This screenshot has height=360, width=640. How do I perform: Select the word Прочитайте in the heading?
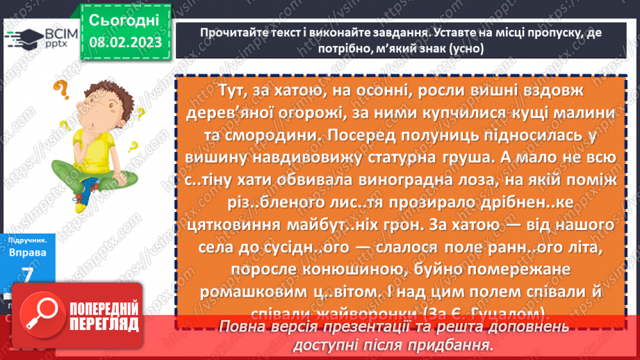[229, 33]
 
